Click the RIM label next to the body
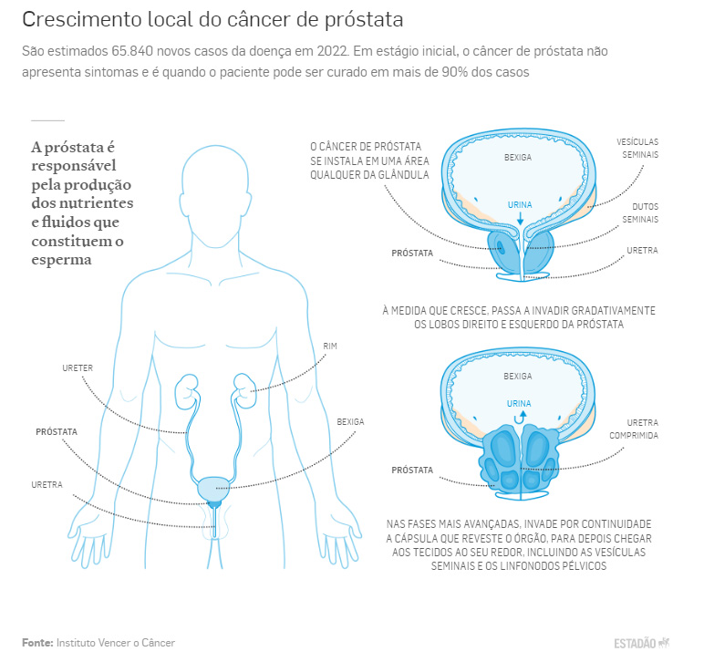click(x=330, y=346)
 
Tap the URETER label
click(x=78, y=368)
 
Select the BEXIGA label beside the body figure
click(x=351, y=422)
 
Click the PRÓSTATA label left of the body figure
click(x=57, y=431)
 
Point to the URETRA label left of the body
click(x=47, y=485)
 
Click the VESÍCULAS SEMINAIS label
click(x=637, y=148)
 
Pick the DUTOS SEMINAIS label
click(x=640, y=212)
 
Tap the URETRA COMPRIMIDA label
click(x=634, y=429)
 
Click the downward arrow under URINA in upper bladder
click(x=521, y=219)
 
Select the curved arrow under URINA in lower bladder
click(x=520, y=419)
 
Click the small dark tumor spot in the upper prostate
click(x=500, y=246)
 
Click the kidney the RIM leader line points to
click(x=244, y=390)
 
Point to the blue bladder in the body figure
click(x=213, y=489)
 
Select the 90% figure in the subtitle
click(x=455, y=72)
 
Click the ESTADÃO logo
click(x=642, y=643)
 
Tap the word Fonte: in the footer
click(x=37, y=643)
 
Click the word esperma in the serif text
click(x=61, y=260)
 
